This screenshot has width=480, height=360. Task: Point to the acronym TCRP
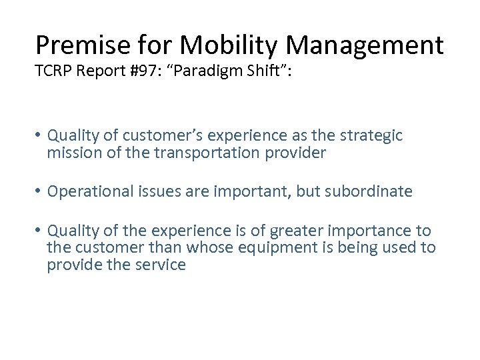click(55, 71)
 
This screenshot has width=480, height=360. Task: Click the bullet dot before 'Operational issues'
click(39, 192)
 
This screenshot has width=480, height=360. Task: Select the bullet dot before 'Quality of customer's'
click(39, 136)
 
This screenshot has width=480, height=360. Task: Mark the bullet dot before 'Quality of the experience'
click(39, 231)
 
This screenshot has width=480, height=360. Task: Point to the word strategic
click(373, 136)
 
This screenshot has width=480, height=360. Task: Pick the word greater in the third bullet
click(304, 231)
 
